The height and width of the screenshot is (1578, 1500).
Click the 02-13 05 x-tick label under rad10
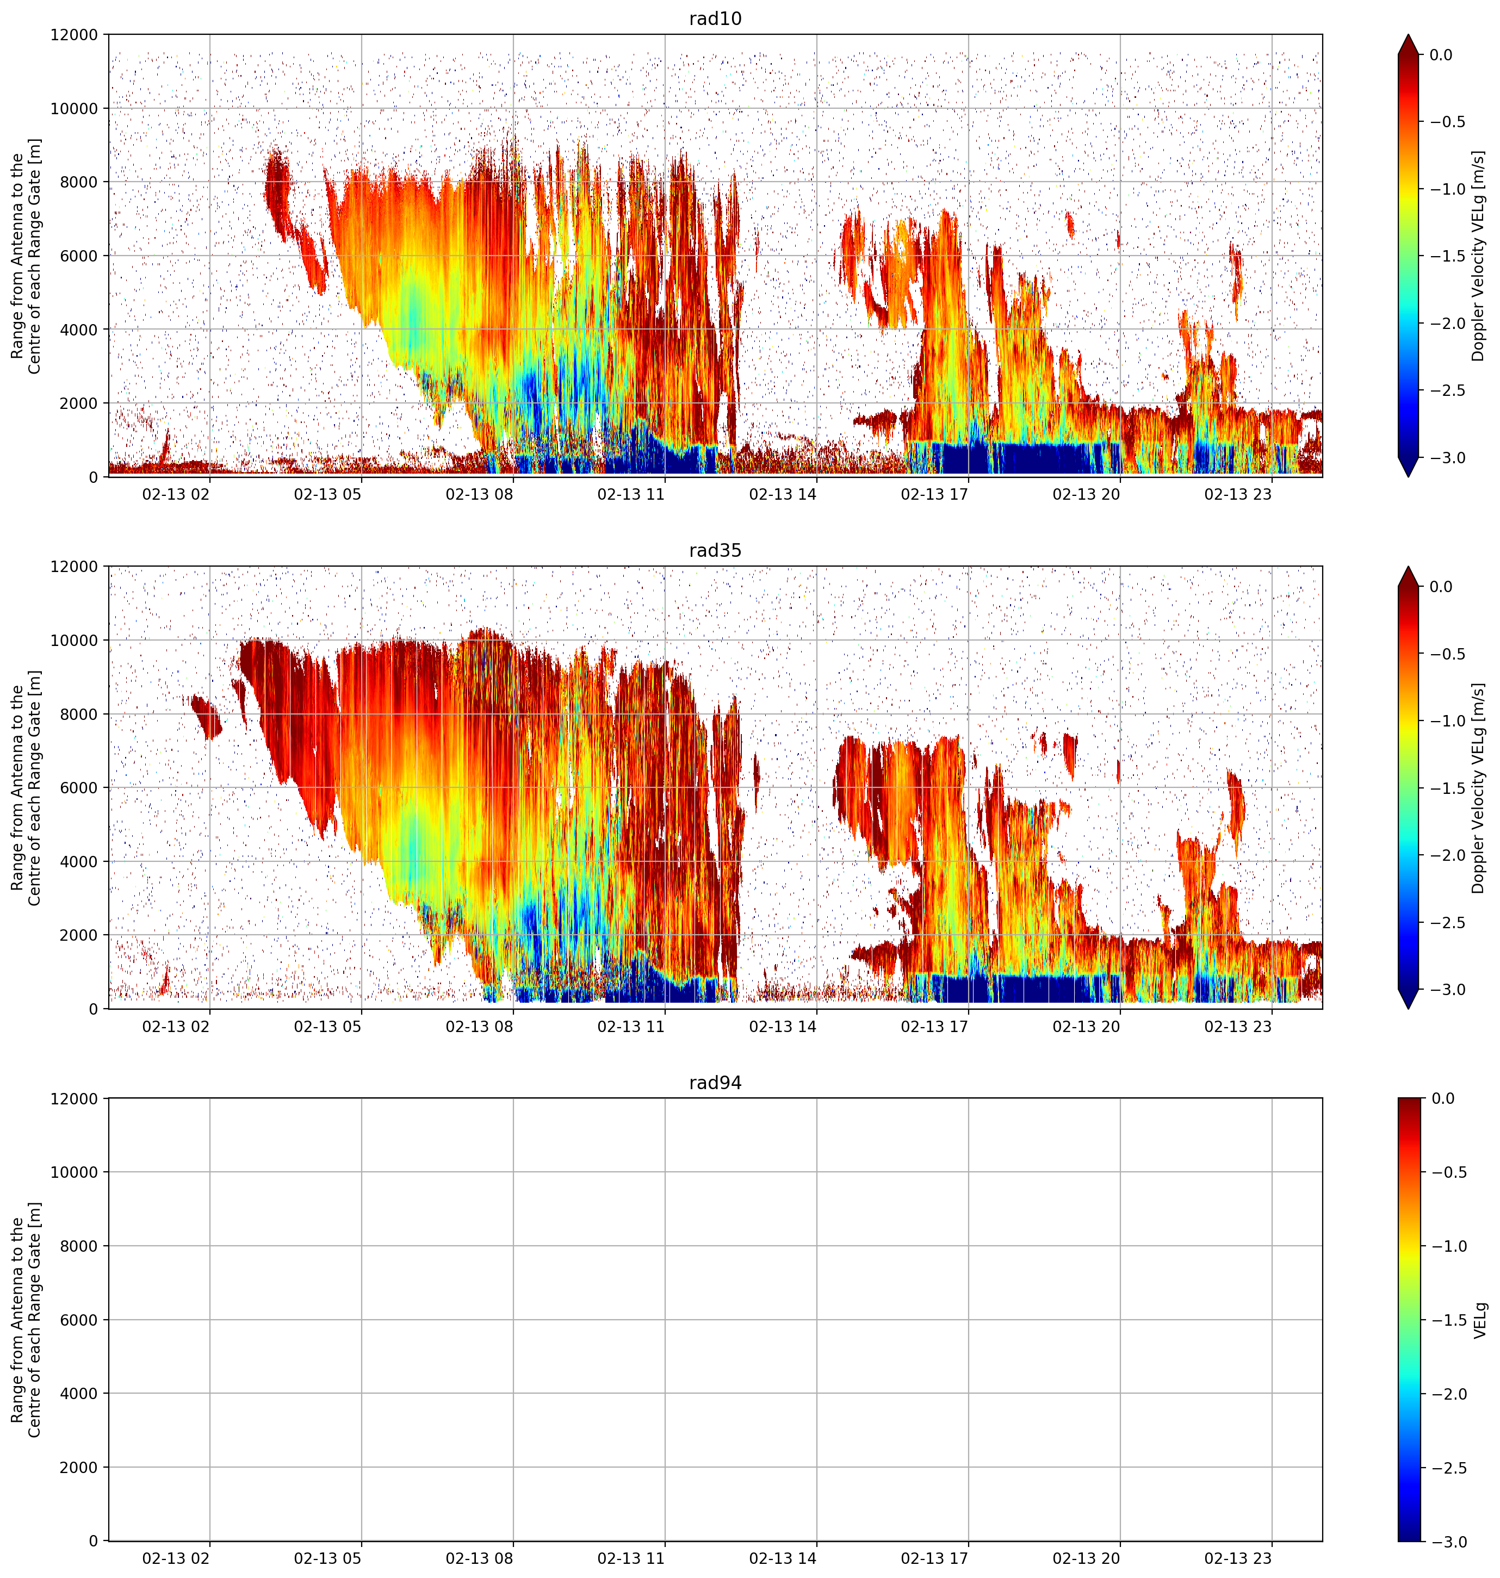pyautogui.click(x=328, y=494)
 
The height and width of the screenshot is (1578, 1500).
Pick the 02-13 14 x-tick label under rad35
pyautogui.click(x=783, y=1026)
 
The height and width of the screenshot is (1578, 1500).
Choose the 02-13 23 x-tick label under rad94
pyautogui.click(x=1238, y=1558)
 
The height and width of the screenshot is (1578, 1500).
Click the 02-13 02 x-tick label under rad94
pyautogui.click(x=176, y=1558)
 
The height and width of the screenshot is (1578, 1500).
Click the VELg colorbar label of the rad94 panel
pyautogui.click(x=1480, y=1319)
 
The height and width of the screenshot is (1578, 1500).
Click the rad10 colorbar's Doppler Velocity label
pyautogui.click(x=1478, y=256)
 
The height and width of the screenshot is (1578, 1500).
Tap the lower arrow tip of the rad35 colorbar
pyautogui.click(x=1408, y=1008)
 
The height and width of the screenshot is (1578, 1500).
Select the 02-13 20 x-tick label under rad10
pyautogui.click(x=1086, y=494)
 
